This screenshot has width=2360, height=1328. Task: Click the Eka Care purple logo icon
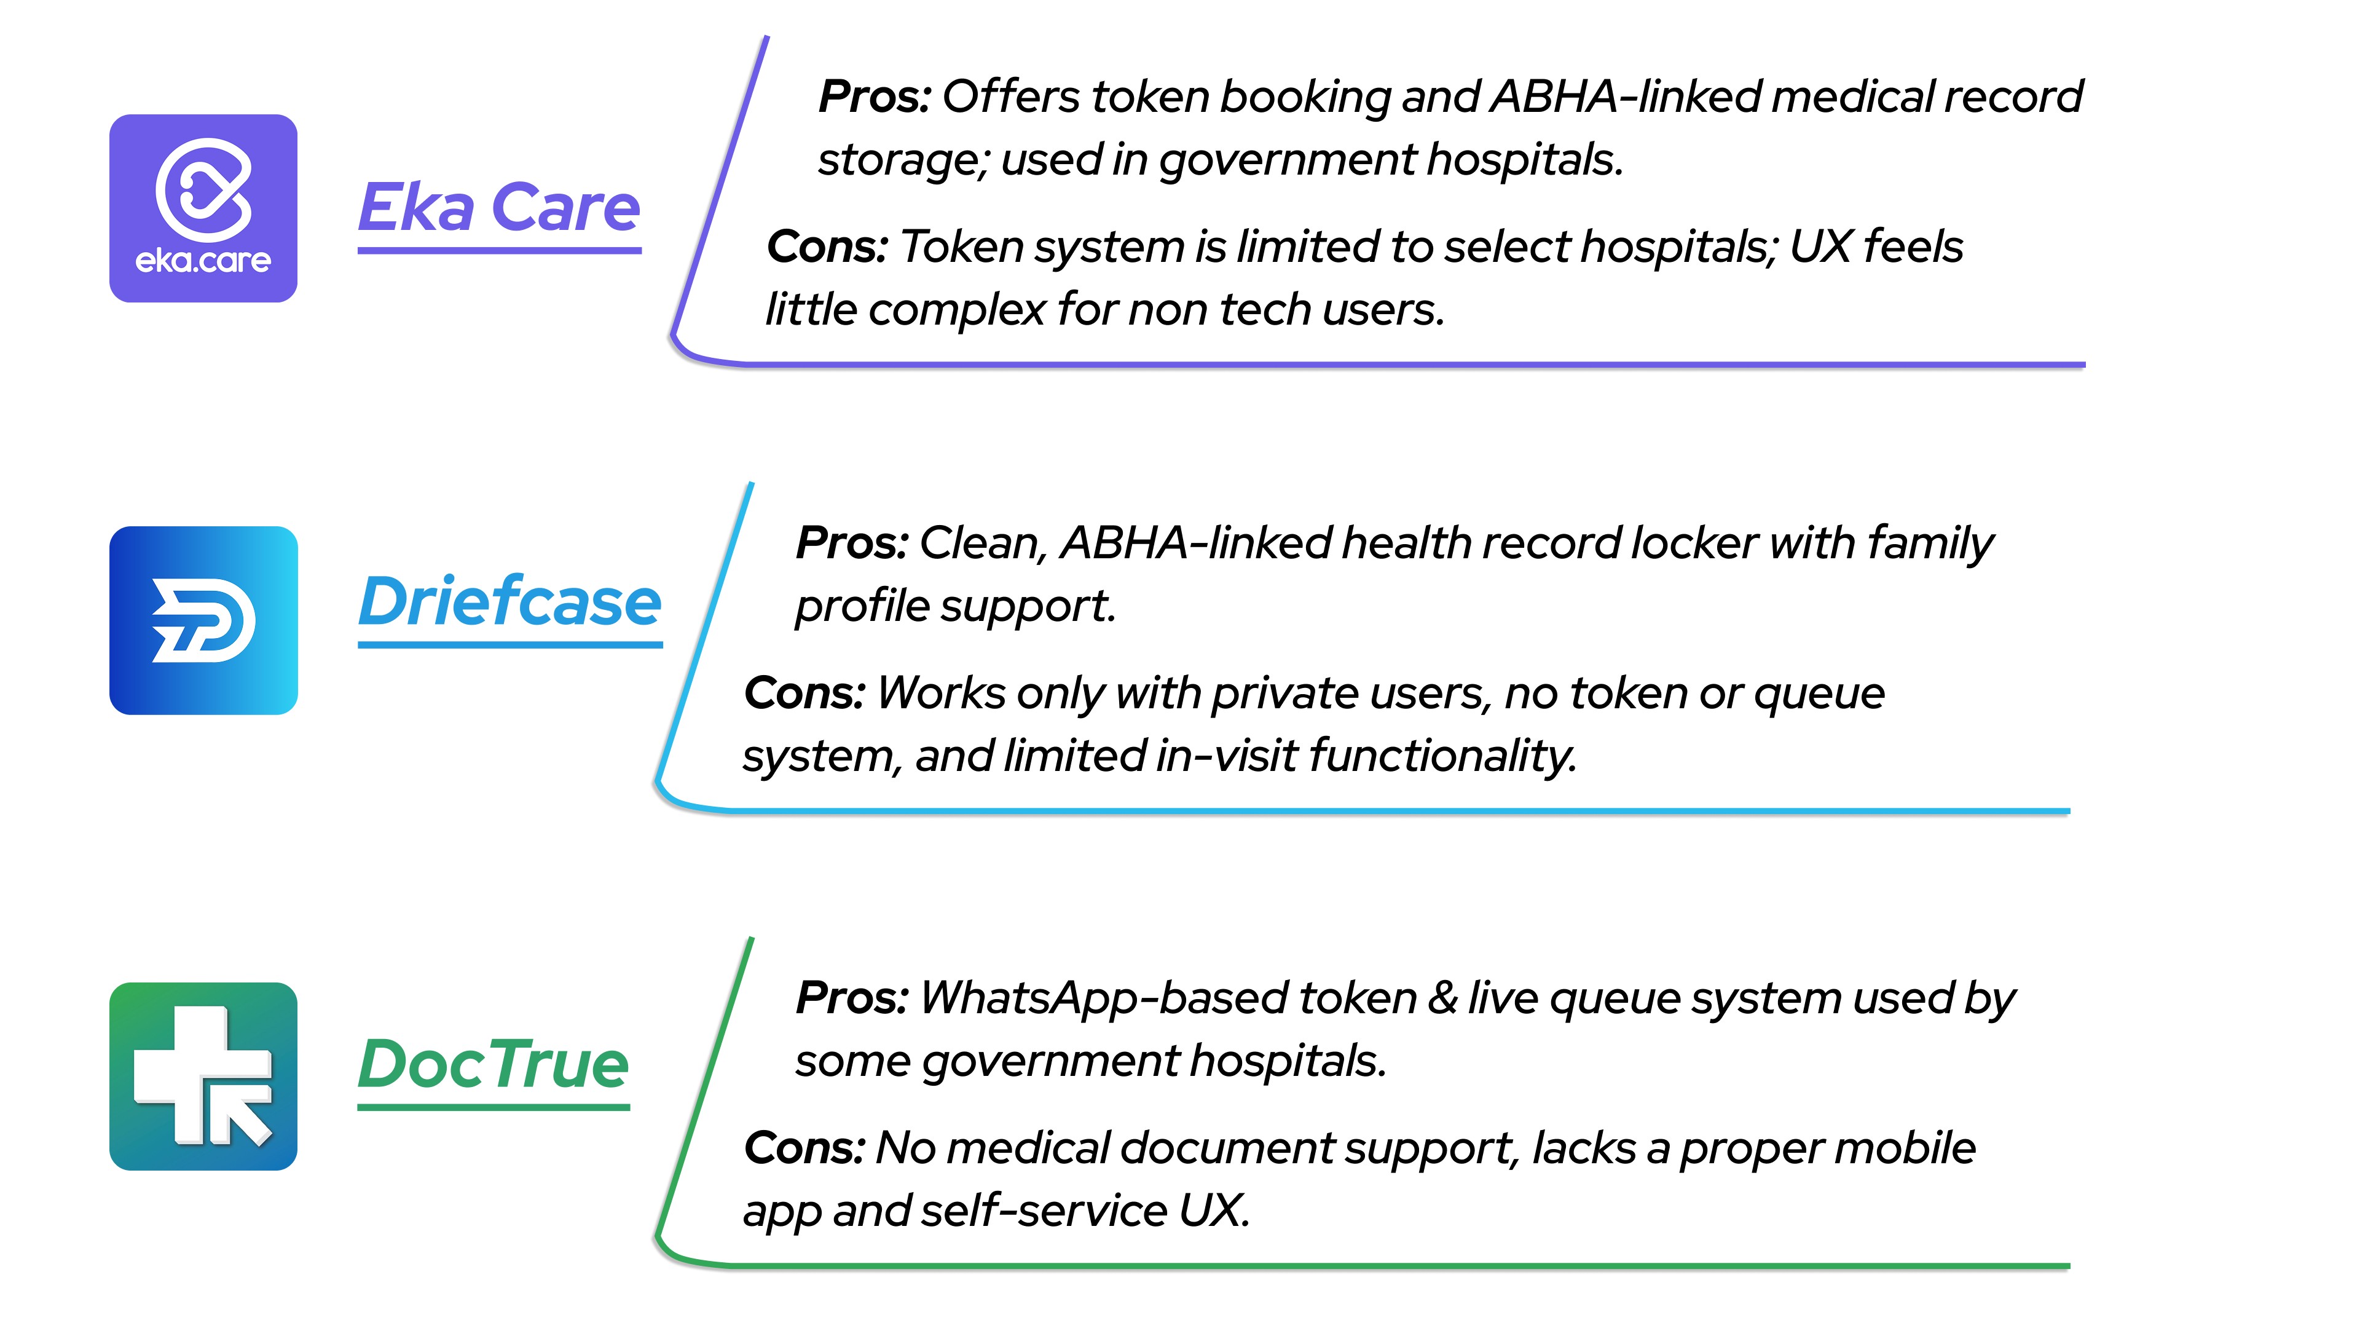203,208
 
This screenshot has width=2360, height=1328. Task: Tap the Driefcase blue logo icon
203,620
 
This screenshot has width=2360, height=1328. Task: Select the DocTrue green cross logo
203,1076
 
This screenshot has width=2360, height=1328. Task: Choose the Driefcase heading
509,603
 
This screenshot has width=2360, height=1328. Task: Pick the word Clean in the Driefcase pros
982,543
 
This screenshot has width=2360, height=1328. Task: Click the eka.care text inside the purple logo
203,261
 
